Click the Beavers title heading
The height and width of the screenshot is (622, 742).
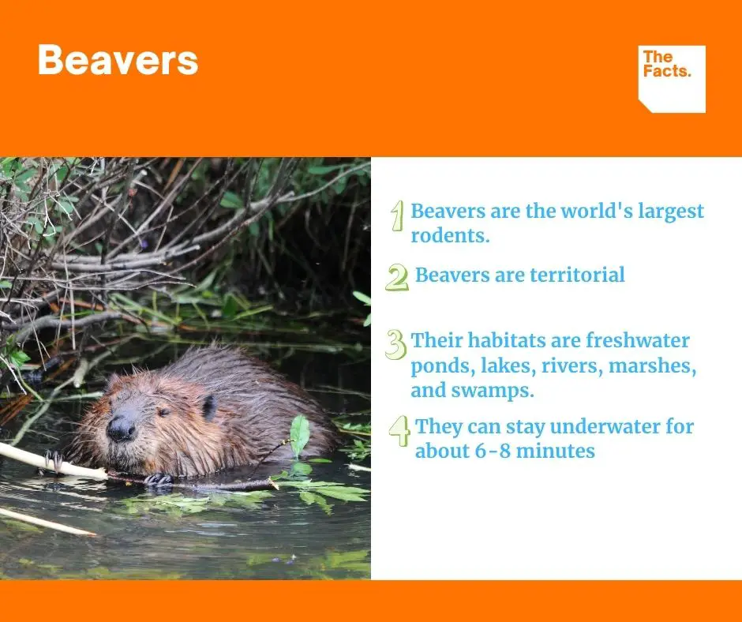click(x=118, y=60)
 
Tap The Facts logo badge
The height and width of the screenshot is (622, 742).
click(x=672, y=79)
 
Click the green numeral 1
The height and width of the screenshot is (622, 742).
click(x=398, y=215)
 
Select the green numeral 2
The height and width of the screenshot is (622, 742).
click(x=397, y=277)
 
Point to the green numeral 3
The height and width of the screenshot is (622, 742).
click(x=396, y=345)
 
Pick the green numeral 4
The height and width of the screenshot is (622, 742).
click(x=400, y=431)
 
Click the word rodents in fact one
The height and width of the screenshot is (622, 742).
click(x=450, y=235)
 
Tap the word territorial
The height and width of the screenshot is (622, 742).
click(x=577, y=275)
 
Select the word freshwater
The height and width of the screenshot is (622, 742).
click(x=638, y=340)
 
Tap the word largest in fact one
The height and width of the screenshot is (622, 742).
click(x=671, y=212)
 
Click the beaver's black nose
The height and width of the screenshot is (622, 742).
click(x=121, y=429)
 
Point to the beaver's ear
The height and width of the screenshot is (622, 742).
click(x=208, y=407)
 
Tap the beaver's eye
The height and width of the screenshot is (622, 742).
click(x=164, y=412)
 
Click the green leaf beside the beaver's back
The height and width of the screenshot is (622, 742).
click(x=299, y=435)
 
